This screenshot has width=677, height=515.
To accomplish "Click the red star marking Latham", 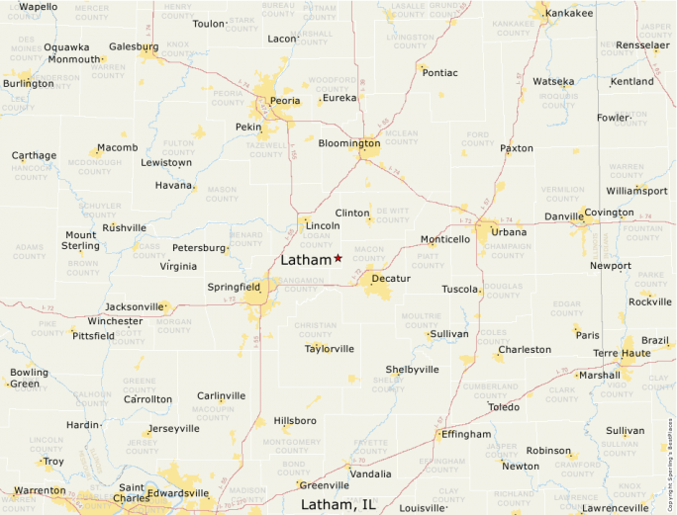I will click(338, 258).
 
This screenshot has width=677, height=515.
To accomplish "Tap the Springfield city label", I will click(234, 287).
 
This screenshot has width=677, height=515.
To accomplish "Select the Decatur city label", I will click(390, 278).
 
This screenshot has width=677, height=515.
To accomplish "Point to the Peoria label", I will click(286, 101).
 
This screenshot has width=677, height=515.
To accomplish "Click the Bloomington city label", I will click(348, 143).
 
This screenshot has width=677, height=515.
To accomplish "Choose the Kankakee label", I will click(569, 13).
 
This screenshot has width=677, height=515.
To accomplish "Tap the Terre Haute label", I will click(621, 353).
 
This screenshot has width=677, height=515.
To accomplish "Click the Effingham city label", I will click(466, 434).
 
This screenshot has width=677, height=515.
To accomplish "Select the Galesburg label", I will click(133, 46).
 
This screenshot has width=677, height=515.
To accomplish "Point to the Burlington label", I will click(28, 83).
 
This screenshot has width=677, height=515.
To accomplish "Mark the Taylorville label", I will click(330, 348).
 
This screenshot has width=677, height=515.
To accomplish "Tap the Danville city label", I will click(564, 216).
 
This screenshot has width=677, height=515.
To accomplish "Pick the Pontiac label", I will click(439, 72).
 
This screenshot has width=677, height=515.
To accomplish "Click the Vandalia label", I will click(370, 473).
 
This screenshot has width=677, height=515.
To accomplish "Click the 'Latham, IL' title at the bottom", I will click(338, 505).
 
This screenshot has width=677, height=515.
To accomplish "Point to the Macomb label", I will click(117, 148).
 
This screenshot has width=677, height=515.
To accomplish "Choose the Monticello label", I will click(445, 239).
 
